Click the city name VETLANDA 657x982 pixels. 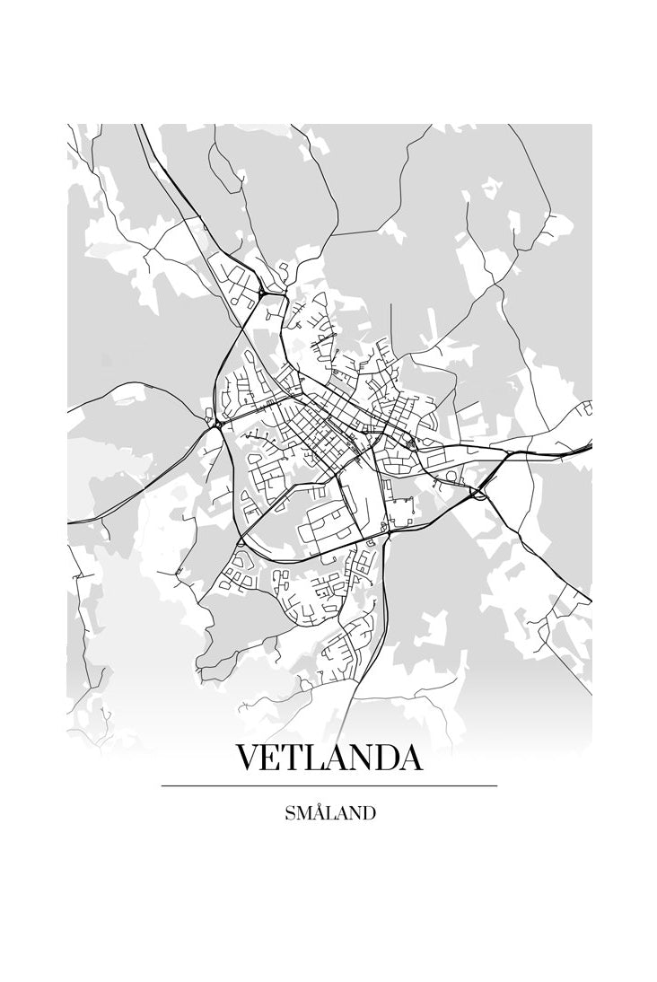(x=328, y=758)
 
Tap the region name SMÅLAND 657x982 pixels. (x=329, y=814)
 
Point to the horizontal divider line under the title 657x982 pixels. (x=328, y=786)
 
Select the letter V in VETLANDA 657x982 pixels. (x=249, y=758)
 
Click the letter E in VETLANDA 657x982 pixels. (x=273, y=758)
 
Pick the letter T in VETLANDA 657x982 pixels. (x=294, y=758)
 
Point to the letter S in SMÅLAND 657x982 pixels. (x=289, y=815)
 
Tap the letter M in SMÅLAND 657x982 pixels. (x=302, y=815)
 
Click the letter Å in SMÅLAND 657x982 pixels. (x=318, y=814)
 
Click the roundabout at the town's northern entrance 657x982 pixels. (x=262, y=294)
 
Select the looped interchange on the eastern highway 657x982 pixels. (x=481, y=493)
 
